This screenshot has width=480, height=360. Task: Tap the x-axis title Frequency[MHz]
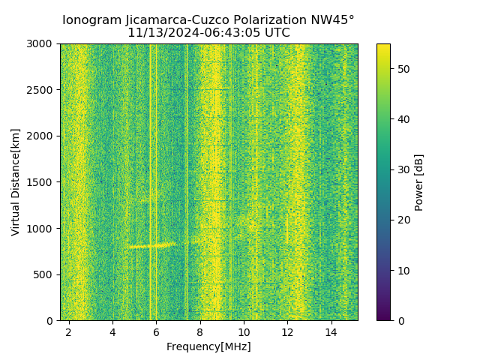click(208, 346)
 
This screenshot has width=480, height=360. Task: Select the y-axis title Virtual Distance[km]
click(16, 182)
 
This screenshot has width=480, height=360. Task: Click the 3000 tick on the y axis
click(42, 44)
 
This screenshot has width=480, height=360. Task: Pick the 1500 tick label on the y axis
click(42, 182)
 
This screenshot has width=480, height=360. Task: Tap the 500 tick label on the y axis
click(46, 274)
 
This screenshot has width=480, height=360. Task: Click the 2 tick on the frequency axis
click(69, 331)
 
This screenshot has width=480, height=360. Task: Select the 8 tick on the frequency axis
click(200, 331)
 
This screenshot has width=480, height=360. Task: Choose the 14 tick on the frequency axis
click(331, 331)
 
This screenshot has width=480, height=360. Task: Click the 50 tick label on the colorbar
click(403, 69)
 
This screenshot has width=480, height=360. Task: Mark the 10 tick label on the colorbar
click(403, 270)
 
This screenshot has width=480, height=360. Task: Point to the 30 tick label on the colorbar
click(403, 169)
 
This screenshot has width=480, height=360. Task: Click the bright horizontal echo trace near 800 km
click(150, 245)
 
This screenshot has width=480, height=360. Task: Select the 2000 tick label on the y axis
click(42, 136)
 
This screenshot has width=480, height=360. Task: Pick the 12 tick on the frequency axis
click(287, 331)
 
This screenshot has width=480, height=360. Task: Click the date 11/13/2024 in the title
click(157, 33)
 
